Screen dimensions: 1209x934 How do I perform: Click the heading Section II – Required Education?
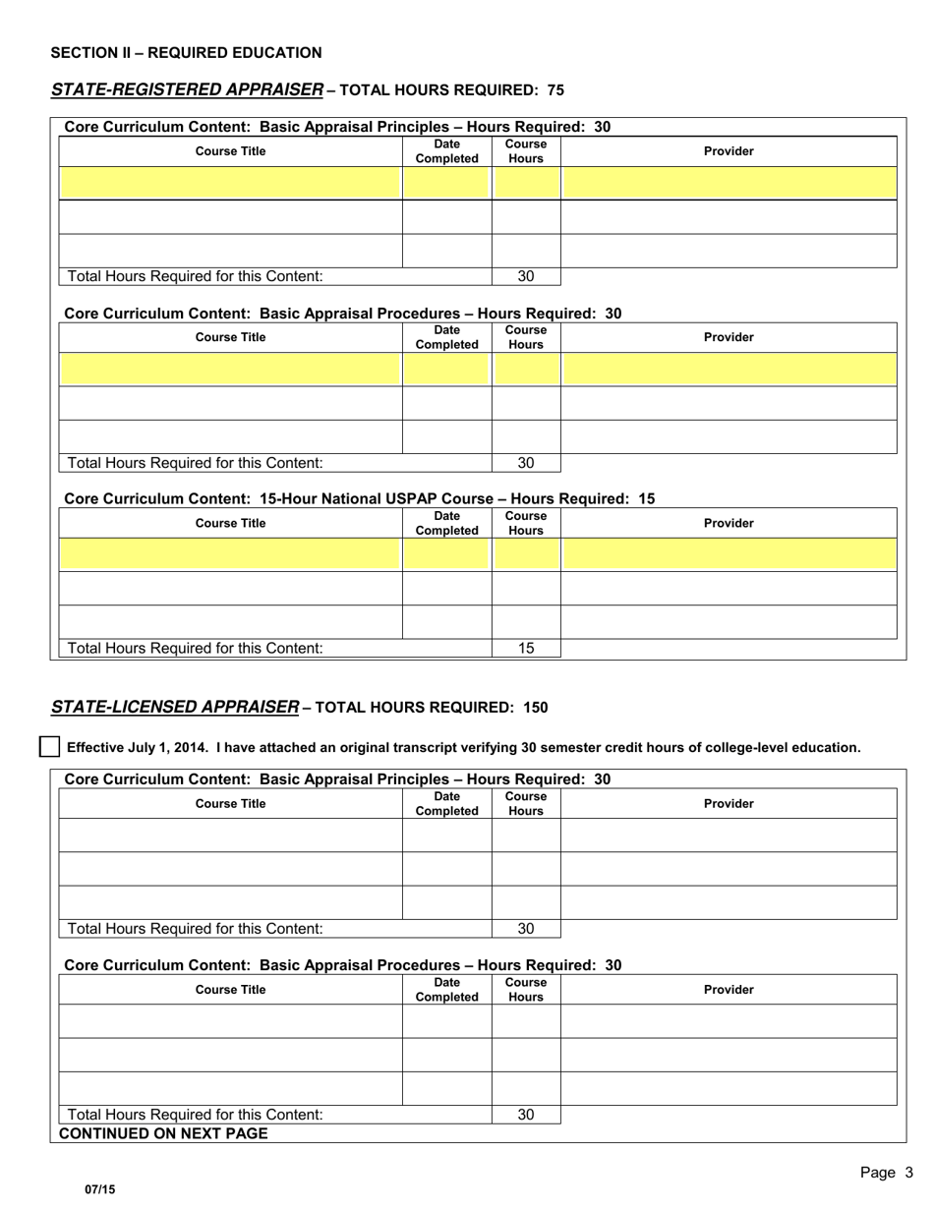[186, 53]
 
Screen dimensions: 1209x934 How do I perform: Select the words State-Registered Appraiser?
[186, 90]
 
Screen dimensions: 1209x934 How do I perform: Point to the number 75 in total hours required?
[555, 90]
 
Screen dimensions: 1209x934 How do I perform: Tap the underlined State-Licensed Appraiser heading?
[174, 708]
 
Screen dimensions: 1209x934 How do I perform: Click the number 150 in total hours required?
[536, 708]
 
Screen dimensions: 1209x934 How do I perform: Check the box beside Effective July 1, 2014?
[49, 747]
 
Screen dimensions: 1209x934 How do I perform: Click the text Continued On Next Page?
[163, 1133]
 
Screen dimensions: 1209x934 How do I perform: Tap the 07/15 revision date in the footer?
[99, 1189]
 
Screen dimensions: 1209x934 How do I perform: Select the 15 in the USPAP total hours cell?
[526, 648]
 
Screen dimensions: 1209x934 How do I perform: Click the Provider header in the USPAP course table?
[729, 523]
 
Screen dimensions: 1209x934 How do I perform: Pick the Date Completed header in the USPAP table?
[446, 523]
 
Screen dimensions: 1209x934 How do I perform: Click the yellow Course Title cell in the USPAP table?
[231, 554]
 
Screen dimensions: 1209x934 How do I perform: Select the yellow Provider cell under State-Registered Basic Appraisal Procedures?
[729, 369]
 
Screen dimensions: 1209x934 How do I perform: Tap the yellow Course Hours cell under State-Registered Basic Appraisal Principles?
[526, 183]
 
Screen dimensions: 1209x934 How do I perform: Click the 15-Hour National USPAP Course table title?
[359, 498]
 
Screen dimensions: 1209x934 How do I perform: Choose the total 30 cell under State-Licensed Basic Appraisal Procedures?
[526, 1115]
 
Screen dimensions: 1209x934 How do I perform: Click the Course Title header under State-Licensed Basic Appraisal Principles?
[231, 804]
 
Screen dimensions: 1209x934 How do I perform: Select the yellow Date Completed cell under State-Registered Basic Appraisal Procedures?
[446, 369]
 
